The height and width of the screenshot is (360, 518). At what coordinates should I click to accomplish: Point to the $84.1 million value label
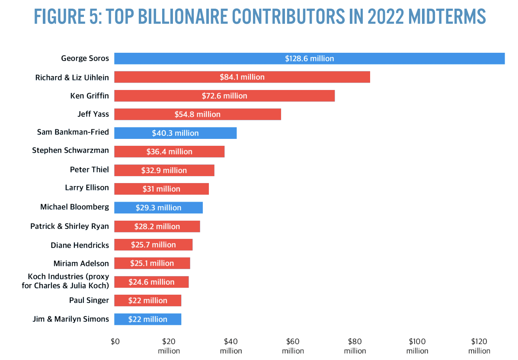pyautogui.click(x=242, y=77)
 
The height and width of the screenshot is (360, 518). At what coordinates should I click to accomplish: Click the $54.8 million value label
pyautogui.click(x=198, y=114)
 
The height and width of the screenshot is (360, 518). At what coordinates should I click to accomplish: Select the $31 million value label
pyautogui.click(x=161, y=189)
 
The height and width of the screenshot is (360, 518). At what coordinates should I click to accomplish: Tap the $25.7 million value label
pyautogui.click(x=153, y=245)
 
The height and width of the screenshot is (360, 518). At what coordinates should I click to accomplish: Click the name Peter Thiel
pyautogui.click(x=90, y=170)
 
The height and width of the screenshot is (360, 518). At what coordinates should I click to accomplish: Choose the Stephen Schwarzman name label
pyautogui.click(x=70, y=151)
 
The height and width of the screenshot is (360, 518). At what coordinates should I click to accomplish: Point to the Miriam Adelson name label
pyautogui.click(x=81, y=263)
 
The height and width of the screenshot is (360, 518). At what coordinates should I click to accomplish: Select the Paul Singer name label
pyautogui.click(x=89, y=300)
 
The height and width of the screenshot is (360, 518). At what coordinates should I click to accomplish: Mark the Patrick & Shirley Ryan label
pyautogui.click(x=70, y=226)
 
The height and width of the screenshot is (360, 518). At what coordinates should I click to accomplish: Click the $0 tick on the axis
pyautogui.click(x=115, y=341)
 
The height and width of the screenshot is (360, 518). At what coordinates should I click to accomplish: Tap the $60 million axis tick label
pyautogui.click(x=293, y=346)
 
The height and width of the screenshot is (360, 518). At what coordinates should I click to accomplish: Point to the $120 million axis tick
pyautogui.click(x=479, y=346)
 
